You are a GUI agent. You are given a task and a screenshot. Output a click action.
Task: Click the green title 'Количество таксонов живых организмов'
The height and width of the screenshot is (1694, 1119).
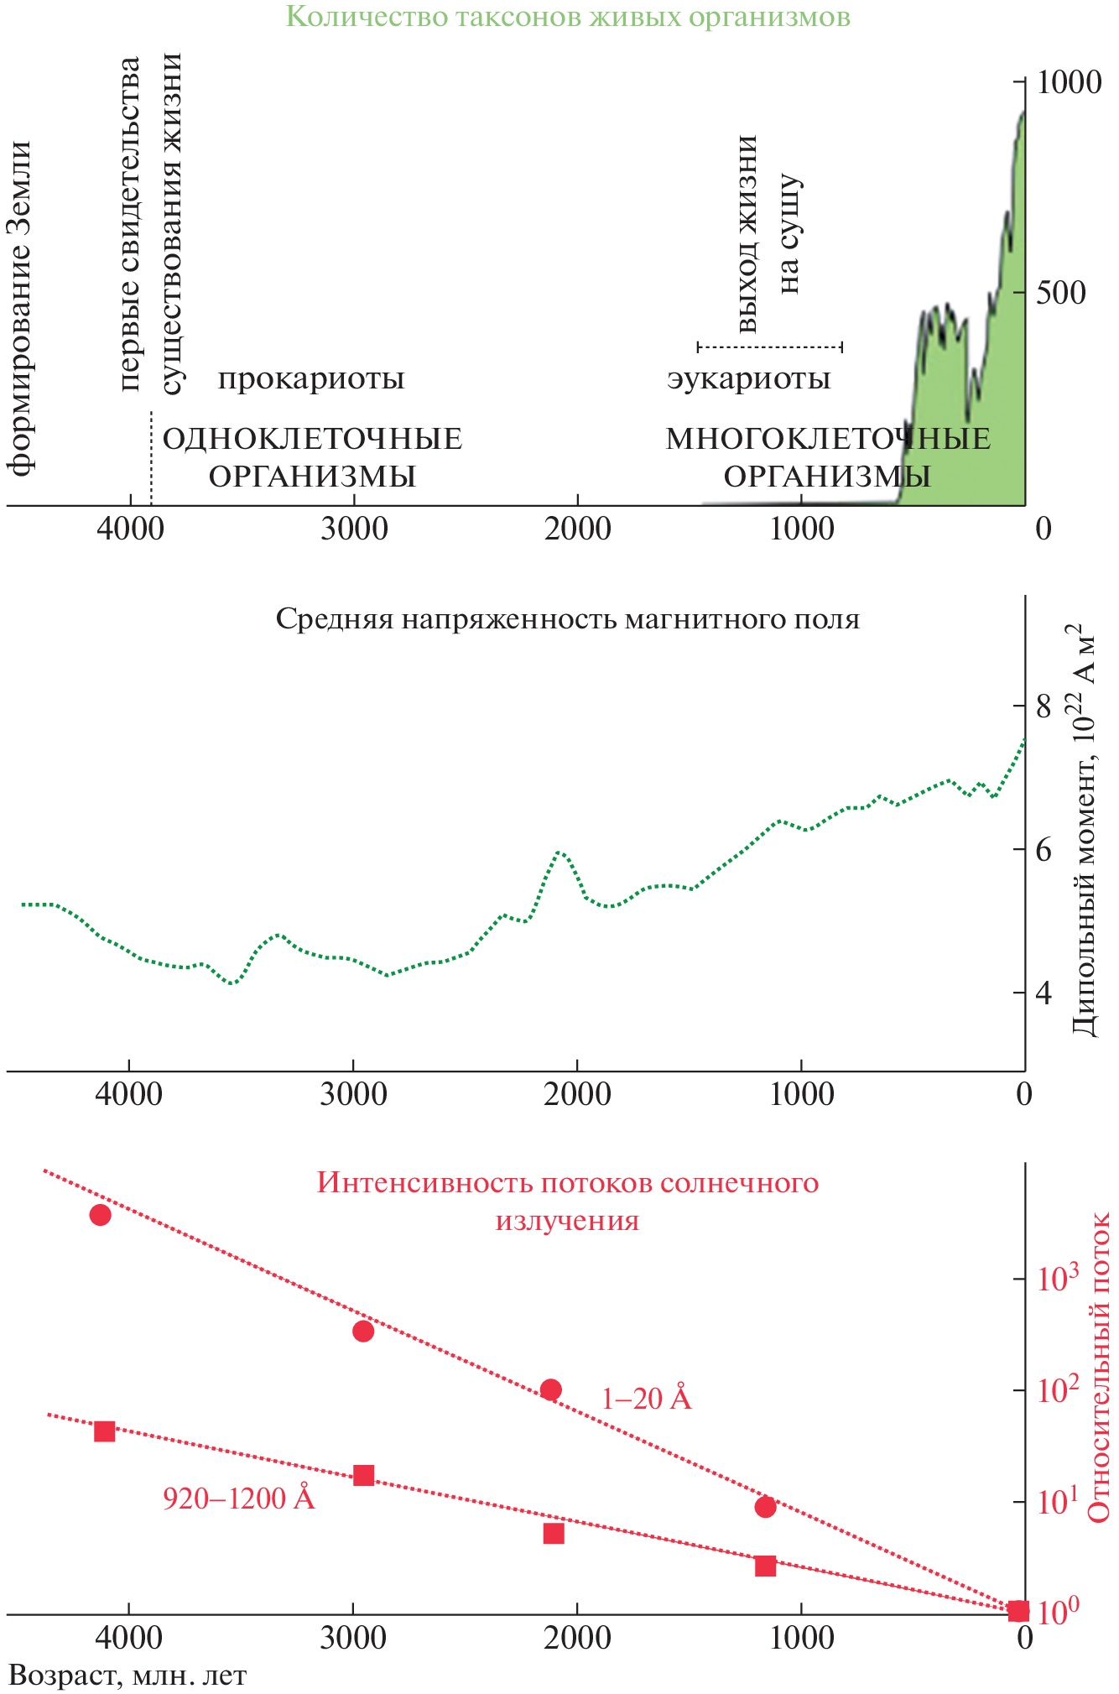[568, 16]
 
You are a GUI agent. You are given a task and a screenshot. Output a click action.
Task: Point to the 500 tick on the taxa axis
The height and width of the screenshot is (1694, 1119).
[1060, 293]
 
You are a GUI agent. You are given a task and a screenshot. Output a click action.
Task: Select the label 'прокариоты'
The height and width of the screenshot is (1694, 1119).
[311, 379]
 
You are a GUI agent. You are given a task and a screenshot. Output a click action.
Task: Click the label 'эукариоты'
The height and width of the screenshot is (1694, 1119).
[749, 379]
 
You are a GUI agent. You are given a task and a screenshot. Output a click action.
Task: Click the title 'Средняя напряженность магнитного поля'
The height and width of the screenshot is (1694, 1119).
[568, 619]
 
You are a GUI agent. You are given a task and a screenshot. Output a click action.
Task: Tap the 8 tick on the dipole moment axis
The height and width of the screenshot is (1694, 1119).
[1043, 706]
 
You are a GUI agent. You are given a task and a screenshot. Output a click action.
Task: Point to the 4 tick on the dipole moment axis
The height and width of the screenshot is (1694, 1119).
[1043, 993]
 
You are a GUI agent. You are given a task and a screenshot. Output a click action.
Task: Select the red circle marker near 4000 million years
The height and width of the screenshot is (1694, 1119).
[101, 1215]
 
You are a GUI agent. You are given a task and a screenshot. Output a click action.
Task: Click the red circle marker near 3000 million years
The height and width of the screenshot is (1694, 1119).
[363, 1331]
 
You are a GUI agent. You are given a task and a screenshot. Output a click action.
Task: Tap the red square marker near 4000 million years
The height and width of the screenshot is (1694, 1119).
[104, 1431]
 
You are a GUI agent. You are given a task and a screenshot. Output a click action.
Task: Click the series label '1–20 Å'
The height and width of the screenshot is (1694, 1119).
[646, 1399]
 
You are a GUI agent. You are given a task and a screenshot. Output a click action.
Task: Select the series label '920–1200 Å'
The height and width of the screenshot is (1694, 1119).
[239, 1498]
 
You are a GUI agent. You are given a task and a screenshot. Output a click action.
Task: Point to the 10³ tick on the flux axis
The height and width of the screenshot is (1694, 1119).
[1056, 1279]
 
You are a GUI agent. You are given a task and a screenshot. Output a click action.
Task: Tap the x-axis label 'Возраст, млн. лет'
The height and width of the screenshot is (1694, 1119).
[128, 1676]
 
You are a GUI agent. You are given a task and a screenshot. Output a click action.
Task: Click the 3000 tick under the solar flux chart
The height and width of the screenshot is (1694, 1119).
[353, 1637]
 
